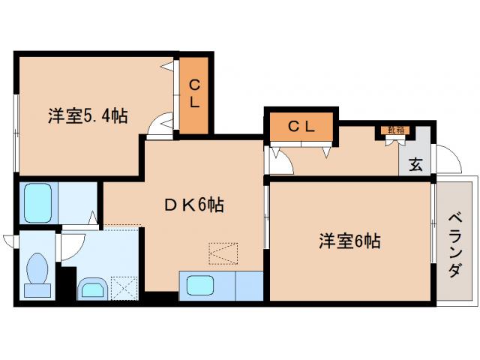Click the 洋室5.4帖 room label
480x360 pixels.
[88, 116]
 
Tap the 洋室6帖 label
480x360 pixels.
[349, 241]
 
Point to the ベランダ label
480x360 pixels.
[454, 244]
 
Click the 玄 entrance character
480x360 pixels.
[415, 164]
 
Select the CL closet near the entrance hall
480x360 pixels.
[301, 126]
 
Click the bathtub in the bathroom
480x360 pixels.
[37, 200]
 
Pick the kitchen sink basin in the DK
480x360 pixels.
[200, 285]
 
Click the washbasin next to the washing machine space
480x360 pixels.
[92, 287]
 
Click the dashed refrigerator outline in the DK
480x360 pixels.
[223, 254]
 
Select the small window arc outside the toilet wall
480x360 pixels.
[9, 241]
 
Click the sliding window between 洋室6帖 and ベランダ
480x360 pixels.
[436, 225]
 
